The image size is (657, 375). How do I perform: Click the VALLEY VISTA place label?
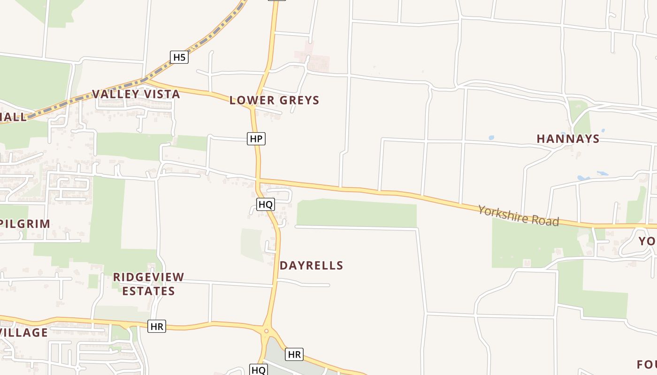coord(136,94)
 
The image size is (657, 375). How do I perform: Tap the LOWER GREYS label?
coord(274,100)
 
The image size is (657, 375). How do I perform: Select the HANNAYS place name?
coord(568,139)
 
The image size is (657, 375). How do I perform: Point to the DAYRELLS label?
coord(312,266)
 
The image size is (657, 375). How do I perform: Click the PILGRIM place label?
coord(26,224)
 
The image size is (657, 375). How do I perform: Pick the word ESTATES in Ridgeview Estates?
coord(148,291)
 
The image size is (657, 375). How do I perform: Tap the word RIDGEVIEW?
coord(148,277)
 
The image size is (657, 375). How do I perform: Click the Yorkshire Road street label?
coord(519,215)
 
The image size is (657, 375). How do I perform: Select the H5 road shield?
coord(179,58)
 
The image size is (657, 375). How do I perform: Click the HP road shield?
coord(256,139)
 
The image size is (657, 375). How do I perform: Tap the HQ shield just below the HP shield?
coord(265,204)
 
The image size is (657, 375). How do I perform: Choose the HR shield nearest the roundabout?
coord(294,354)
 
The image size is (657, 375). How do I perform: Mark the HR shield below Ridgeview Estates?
coord(157,326)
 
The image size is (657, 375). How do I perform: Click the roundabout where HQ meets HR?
coord(266,331)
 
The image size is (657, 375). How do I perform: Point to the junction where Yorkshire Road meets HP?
coord(258,180)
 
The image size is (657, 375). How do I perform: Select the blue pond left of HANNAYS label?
coord(491,138)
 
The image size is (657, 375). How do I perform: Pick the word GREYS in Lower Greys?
coord(299,100)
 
